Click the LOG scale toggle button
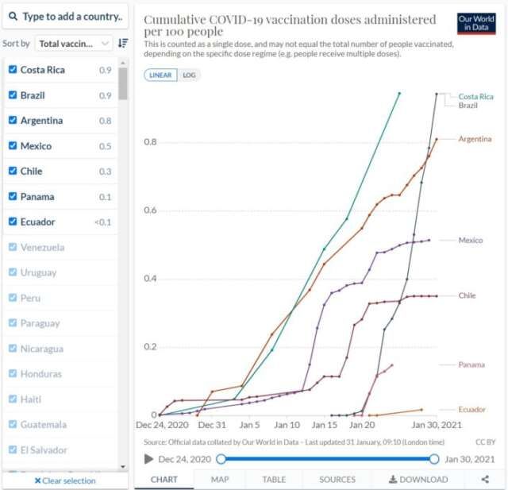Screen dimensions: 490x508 (x=189, y=75)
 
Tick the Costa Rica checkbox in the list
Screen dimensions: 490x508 (x=12, y=70)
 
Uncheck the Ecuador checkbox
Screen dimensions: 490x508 (x=12, y=222)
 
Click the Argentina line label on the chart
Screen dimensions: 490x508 (x=475, y=139)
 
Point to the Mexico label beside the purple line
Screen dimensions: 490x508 (x=470, y=240)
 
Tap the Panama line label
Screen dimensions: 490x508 (x=471, y=365)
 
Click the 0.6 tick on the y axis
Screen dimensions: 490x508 (x=150, y=210)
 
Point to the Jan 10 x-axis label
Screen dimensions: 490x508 (x=287, y=425)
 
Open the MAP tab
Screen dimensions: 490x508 (x=220, y=480)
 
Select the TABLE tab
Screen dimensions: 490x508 (x=275, y=480)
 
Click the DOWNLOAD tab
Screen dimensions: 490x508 (x=418, y=480)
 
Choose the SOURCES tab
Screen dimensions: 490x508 (x=337, y=480)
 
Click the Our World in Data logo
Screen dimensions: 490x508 (x=476, y=23)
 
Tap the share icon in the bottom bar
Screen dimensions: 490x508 (x=485, y=480)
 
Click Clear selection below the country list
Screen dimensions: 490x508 (x=64, y=480)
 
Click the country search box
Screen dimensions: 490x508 (x=65, y=16)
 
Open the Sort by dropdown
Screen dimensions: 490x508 (x=75, y=44)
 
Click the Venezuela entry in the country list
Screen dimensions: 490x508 (x=43, y=247)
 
